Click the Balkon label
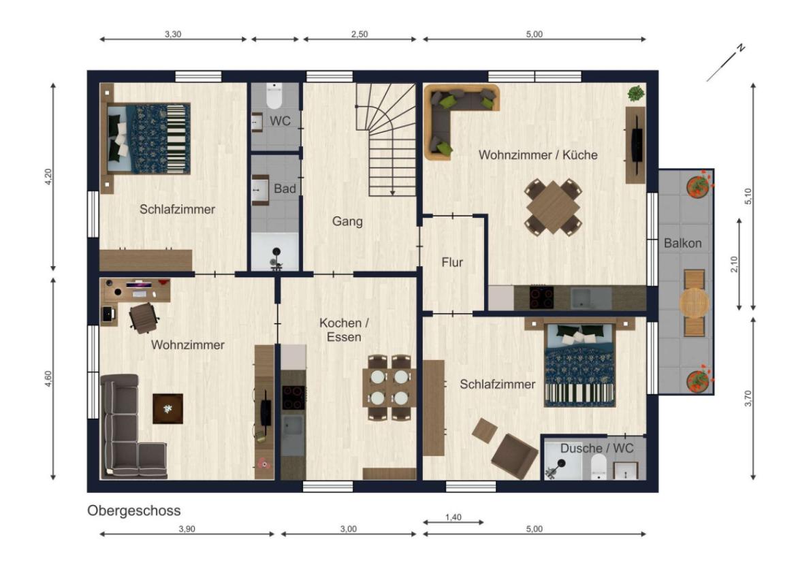(x=682, y=243)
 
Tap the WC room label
(x=280, y=120)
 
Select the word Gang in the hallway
(x=348, y=221)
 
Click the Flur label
(x=452, y=262)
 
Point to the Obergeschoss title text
(x=134, y=511)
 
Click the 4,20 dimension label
(x=48, y=176)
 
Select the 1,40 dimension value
(x=453, y=517)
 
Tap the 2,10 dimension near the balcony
(x=734, y=263)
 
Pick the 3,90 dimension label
(x=187, y=529)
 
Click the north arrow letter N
(x=741, y=48)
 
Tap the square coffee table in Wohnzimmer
(x=168, y=408)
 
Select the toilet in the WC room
(x=274, y=96)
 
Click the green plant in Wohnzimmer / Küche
(x=636, y=94)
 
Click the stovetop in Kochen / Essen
(x=293, y=398)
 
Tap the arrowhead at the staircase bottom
(x=393, y=193)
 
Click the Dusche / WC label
(x=597, y=449)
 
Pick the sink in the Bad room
(x=260, y=190)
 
